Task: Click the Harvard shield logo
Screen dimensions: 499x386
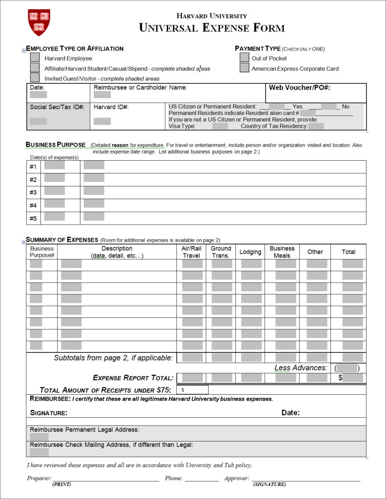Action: (39, 23)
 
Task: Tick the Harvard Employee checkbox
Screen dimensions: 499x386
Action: (35, 58)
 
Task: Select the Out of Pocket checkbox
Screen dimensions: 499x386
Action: (244, 58)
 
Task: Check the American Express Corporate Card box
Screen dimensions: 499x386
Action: (244, 68)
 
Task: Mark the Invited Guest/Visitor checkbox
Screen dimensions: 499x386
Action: (35, 78)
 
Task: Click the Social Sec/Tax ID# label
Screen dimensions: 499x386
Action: (57, 107)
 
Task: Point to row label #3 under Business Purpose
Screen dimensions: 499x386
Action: (33, 192)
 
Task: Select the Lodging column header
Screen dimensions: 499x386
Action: (250, 252)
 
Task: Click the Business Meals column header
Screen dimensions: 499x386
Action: (282, 252)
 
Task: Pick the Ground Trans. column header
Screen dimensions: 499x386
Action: (221, 252)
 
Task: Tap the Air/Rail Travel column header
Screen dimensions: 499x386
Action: (191, 252)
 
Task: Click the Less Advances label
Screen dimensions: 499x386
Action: (301, 368)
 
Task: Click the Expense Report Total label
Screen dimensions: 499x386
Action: (133, 378)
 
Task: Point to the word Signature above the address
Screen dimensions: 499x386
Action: (49, 413)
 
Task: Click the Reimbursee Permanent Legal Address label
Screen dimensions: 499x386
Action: (84, 430)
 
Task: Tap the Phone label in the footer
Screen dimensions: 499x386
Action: (174, 479)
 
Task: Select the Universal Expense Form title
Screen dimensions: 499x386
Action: (212, 28)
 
